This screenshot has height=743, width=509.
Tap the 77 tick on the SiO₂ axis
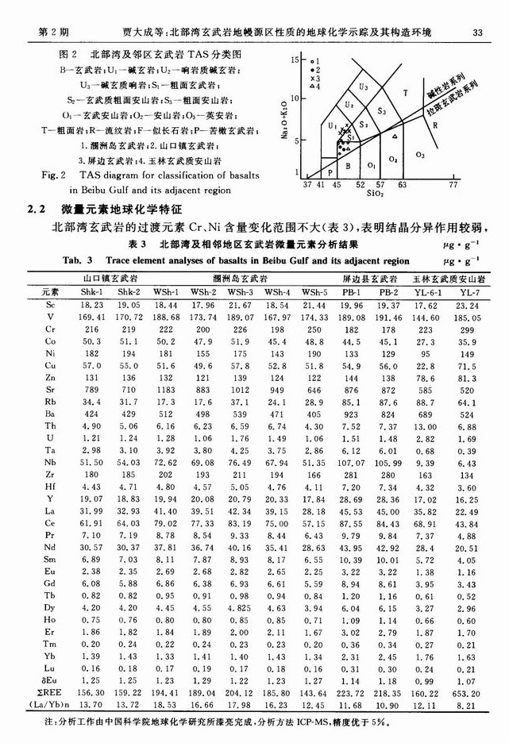click(x=453, y=183)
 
